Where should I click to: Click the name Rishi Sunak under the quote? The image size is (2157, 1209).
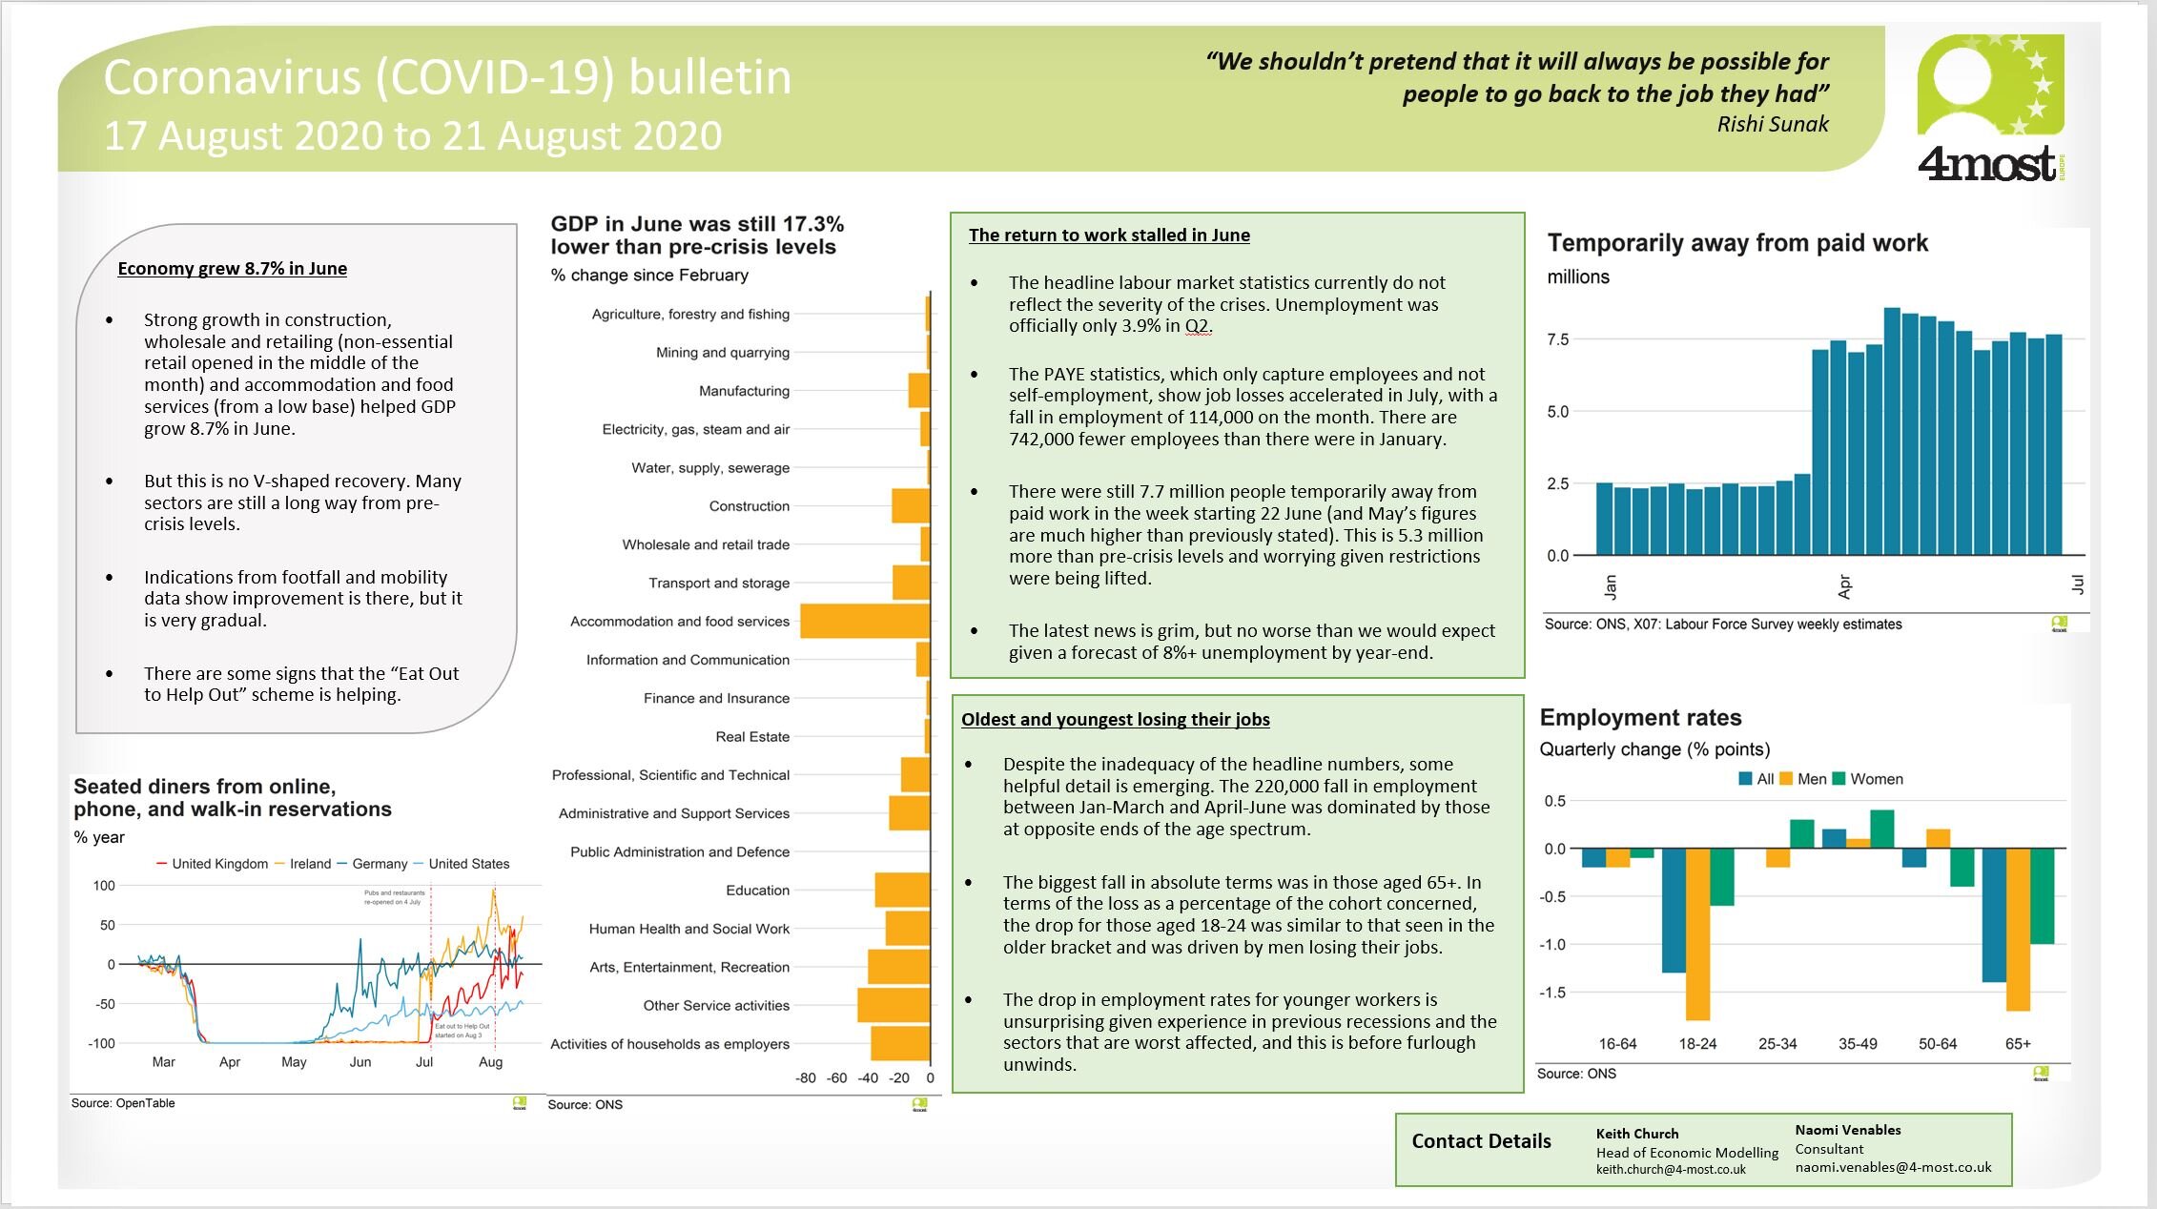[x=1772, y=124]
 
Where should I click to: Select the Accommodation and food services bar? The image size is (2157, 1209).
[x=864, y=621]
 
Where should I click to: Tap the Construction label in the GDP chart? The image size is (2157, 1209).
[x=749, y=506]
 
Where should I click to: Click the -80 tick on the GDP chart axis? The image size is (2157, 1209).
[x=806, y=1077]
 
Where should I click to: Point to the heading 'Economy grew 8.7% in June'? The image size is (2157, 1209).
[x=232, y=269]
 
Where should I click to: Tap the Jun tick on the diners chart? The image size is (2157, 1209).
[x=359, y=1062]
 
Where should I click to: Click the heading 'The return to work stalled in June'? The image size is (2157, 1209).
[x=1109, y=236]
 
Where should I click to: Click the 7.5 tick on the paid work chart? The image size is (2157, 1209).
[x=1557, y=339]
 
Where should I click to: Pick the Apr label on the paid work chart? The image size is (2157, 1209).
[x=1844, y=586]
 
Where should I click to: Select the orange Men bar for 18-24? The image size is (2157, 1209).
[x=1697, y=933]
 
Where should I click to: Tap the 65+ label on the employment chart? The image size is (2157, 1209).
[x=2018, y=1044]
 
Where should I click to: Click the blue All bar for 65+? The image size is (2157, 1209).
[x=1994, y=914]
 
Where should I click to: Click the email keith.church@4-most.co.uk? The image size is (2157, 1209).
[x=1671, y=1170]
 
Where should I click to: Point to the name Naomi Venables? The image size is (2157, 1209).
[x=1847, y=1130]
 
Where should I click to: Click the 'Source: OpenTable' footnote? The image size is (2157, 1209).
[x=123, y=1103]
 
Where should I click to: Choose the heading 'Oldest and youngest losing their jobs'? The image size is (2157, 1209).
[x=1115, y=720]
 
